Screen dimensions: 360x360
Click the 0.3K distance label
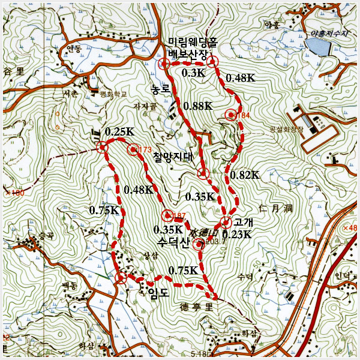[193, 73]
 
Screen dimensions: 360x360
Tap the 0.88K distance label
[197, 106]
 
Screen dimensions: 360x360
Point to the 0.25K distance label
[118, 131]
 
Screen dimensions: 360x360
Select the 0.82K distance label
[244, 175]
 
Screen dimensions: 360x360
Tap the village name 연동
[74, 49]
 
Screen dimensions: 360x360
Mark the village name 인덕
[343, 277]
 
